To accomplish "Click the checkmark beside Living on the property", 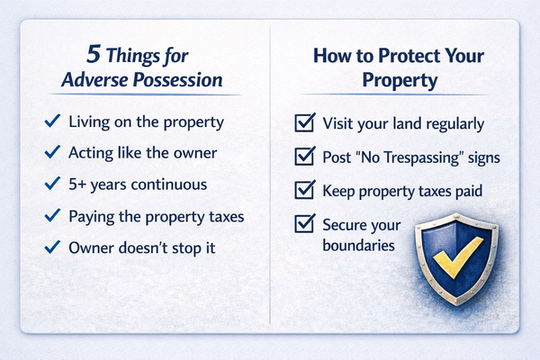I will pos(52,121).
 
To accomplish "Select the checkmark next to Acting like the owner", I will pos(52,152).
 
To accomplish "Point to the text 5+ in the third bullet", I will pos(79,184).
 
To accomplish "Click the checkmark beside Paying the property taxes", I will pos(52,217).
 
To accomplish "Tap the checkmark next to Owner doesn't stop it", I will pos(52,248).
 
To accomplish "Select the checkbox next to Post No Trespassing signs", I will pos(304,158).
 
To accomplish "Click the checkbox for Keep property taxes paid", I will pos(304,191).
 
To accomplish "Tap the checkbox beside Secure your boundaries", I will pos(304,224).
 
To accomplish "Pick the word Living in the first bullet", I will pos(91,121).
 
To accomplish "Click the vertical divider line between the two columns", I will pos(271,180).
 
